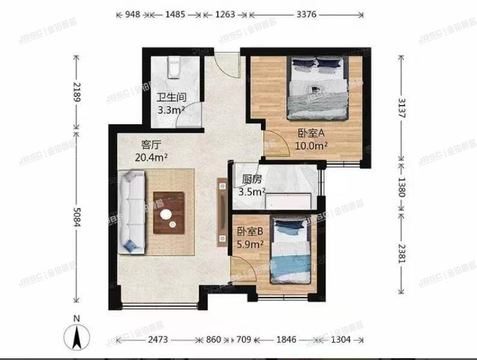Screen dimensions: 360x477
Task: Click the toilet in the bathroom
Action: coord(172,66)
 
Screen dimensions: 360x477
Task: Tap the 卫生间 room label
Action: coord(171,99)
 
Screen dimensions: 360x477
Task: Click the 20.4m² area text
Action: coord(151,156)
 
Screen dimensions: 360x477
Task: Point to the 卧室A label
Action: coord(311,134)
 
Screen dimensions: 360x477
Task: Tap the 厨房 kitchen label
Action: coord(252,180)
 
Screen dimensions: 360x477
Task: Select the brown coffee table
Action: coord(170,213)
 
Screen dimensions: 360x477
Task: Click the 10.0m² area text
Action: coord(312,146)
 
